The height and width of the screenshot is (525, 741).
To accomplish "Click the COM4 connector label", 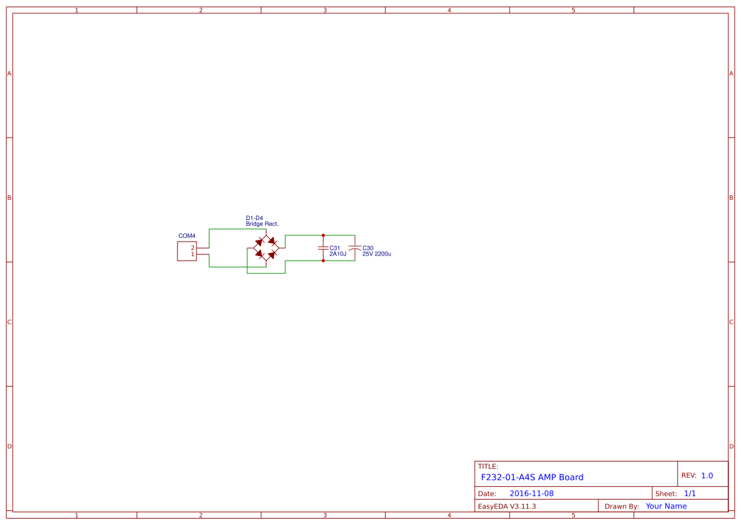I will point(187,236).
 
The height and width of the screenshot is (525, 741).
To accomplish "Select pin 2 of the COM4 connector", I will point(193,247).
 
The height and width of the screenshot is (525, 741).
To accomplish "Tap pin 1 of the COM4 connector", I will point(193,254).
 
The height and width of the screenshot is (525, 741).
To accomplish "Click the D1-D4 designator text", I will point(254,218).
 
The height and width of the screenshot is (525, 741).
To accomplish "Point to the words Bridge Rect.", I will point(262,224).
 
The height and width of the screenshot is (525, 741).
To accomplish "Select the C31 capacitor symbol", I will point(323,247).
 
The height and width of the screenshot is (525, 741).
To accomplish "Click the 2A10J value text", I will point(338,254).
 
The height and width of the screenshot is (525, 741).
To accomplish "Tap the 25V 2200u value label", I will point(377,254).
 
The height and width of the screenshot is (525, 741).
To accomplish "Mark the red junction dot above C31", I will point(323,235).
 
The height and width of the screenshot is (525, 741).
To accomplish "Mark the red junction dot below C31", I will point(323,261).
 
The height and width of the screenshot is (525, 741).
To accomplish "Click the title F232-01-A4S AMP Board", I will point(532,477).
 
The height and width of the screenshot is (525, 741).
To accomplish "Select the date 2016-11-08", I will point(531,493).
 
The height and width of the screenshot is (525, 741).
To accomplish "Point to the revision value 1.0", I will point(707,476).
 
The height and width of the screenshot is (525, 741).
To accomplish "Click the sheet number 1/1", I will point(690,493).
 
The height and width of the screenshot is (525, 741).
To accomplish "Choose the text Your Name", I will point(666,506).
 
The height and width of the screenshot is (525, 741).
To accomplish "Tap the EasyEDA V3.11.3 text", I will point(506,506).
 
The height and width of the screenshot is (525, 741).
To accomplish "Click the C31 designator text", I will point(335,248).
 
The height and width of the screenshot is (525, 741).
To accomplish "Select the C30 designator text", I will point(368,248).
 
